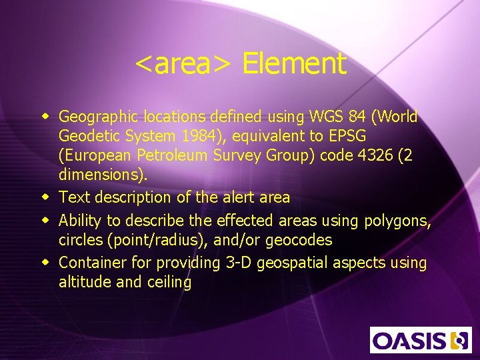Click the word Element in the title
click(x=294, y=64)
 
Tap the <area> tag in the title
click(x=183, y=64)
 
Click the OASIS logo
click(x=421, y=339)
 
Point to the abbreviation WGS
click(x=325, y=117)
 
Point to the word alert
click(x=235, y=197)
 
